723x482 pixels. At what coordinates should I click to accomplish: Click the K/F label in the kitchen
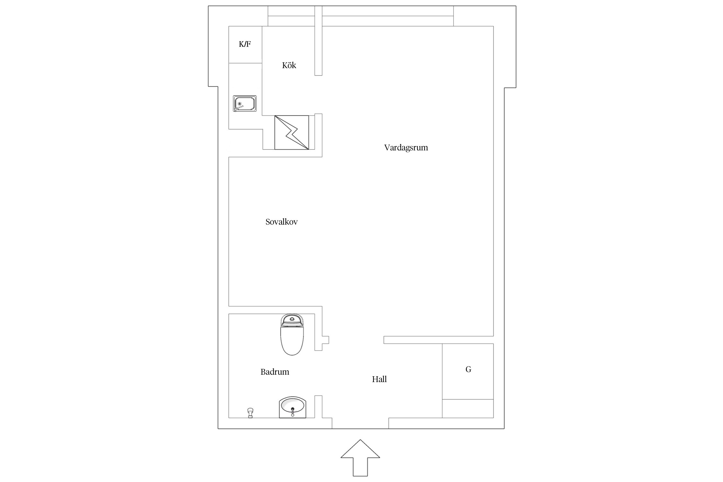[x=245, y=44]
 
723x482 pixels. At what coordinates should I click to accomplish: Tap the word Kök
[x=289, y=65]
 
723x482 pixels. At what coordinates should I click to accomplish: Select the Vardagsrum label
[x=406, y=148]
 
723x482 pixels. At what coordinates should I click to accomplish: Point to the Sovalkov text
[x=281, y=222]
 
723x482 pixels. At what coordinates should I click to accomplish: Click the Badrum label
[x=275, y=372]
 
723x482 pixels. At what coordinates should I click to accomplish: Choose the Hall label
[x=379, y=379]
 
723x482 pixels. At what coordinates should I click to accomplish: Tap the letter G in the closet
[x=468, y=370]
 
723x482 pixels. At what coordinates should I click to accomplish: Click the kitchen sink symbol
[x=245, y=103]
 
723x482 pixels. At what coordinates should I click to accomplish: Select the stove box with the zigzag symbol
[x=291, y=132]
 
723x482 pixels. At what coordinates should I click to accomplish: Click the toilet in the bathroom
[x=292, y=335]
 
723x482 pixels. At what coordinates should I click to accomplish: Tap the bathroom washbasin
[x=292, y=407]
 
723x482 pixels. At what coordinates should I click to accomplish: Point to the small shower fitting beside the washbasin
[x=250, y=413]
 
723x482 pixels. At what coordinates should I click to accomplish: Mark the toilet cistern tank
[x=292, y=320]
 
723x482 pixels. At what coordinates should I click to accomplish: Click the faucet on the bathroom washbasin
[x=292, y=412]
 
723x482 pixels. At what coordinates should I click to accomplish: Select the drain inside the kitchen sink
[x=239, y=104]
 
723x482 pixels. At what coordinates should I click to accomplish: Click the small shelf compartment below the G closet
[x=468, y=408]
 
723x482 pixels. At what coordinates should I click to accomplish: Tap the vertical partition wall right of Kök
[x=318, y=41]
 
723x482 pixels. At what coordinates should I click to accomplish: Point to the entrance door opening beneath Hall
[x=360, y=423]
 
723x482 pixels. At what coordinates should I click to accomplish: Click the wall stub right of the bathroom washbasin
[x=318, y=406]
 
